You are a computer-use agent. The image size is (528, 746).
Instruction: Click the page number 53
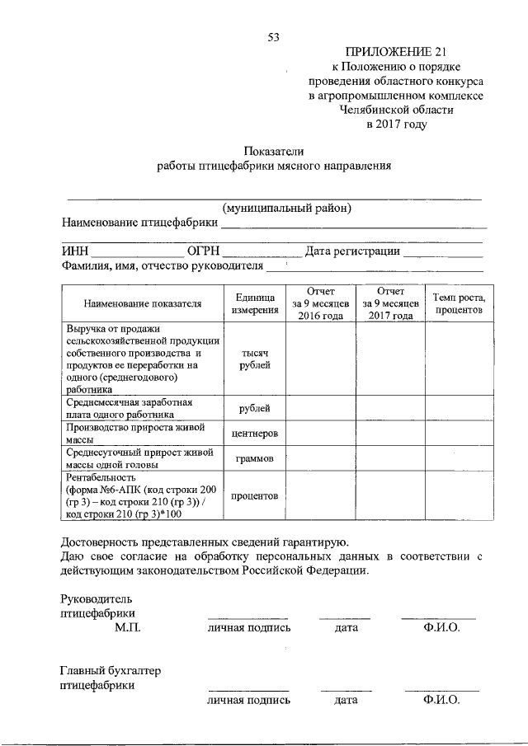[274, 36]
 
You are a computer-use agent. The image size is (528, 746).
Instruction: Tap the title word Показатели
[274, 151]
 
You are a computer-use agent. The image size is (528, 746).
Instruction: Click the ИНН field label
[74, 251]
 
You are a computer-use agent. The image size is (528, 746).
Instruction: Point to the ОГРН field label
[204, 251]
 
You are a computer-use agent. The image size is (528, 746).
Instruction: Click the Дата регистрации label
[352, 251]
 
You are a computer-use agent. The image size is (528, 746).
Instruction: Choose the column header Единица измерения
[254, 303]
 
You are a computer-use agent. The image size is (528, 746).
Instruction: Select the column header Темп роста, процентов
[460, 303]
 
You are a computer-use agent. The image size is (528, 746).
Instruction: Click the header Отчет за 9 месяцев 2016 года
[320, 303]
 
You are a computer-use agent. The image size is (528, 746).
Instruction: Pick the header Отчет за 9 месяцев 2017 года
[390, 303]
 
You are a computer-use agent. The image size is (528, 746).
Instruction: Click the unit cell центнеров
[254, 433]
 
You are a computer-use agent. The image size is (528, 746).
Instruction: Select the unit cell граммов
[254, 457]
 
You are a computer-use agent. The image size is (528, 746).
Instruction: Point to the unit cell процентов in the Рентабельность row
[254, 495]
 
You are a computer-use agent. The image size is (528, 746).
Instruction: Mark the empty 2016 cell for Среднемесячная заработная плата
[320, 408]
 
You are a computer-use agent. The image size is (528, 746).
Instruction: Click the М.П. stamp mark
[128, 627]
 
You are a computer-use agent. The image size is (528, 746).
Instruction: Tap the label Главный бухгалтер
[111, 671]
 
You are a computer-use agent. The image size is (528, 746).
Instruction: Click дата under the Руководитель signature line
[346, 627]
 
